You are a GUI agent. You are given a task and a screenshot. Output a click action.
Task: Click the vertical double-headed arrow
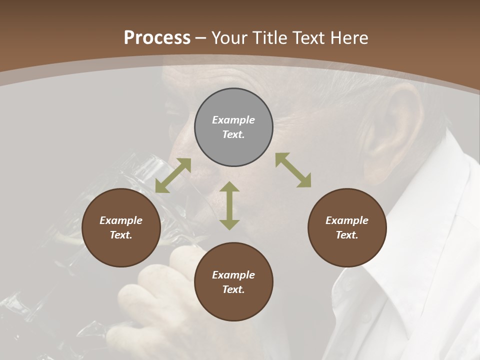[x=229, y=205]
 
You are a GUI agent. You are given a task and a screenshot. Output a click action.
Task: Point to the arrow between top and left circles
[x=173, y=175]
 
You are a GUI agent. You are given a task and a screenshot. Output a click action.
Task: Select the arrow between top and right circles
[x=293, y=170]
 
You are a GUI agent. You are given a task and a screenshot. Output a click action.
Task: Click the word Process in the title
[x=157, y=38]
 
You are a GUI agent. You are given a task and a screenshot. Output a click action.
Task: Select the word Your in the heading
[x=230, y=38]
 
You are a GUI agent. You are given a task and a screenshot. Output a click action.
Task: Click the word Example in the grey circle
[x=233, y=120]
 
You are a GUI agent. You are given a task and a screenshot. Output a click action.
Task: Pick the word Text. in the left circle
[x=121, y=235]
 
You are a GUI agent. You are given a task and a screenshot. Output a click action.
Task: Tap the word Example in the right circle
[x=347, y=220]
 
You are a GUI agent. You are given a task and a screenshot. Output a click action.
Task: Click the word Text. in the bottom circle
[x=233, y=289]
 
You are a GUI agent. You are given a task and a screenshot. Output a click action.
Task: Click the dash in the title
[x=201, y=38]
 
